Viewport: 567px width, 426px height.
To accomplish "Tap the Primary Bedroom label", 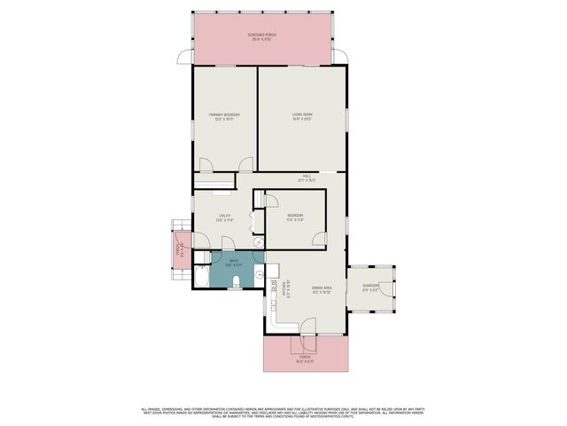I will point(224,116).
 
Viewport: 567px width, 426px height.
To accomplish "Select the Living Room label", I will point(303,116).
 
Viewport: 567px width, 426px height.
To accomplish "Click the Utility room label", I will point(224,218).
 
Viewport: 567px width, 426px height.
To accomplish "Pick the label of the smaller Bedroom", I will point(295,218).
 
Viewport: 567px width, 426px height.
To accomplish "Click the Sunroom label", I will point(370,288).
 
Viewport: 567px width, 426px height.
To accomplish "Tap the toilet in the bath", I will point(237,282).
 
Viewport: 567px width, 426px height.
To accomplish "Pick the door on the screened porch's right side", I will point(339,57).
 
